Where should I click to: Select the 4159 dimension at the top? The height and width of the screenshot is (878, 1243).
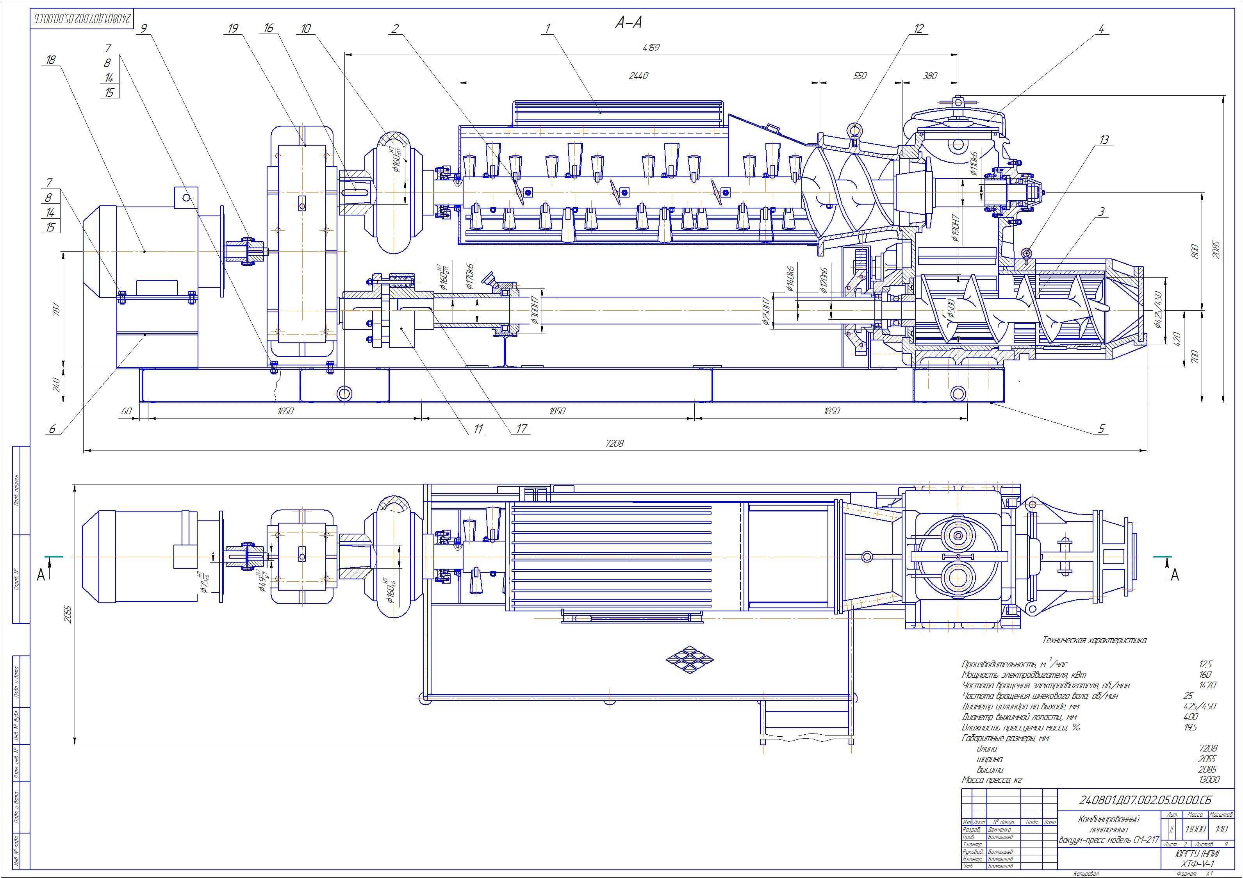point(652,48)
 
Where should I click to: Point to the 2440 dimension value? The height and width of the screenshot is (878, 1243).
point(638,76)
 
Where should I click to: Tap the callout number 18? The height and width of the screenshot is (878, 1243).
point(51,61)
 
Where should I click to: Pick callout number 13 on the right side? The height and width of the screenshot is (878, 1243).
point(1103,140)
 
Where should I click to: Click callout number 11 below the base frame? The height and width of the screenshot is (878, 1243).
point(478,429)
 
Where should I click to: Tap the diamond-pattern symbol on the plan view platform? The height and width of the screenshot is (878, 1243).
point(689,659)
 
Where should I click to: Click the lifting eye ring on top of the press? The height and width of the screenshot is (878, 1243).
point(854,130)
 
